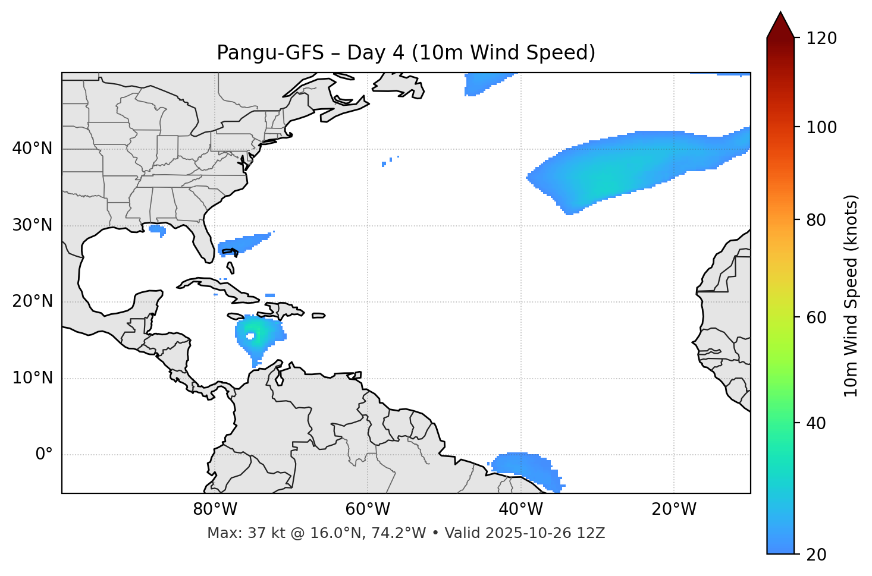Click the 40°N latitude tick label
(x=32, y=149)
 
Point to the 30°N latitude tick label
(x=32, y=225)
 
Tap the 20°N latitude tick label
(x=32, y=301)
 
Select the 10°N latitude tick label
(x=32, y=378)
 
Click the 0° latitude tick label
(x=44, y=455)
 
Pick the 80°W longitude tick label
(x=215, y=509)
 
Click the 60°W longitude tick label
(x=368, y=509)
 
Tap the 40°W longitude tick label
(x=520, y=509)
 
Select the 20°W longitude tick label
(x=674, y=509)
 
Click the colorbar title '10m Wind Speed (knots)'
(x=851, y=295)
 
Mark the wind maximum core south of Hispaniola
(x=252, y=336)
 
